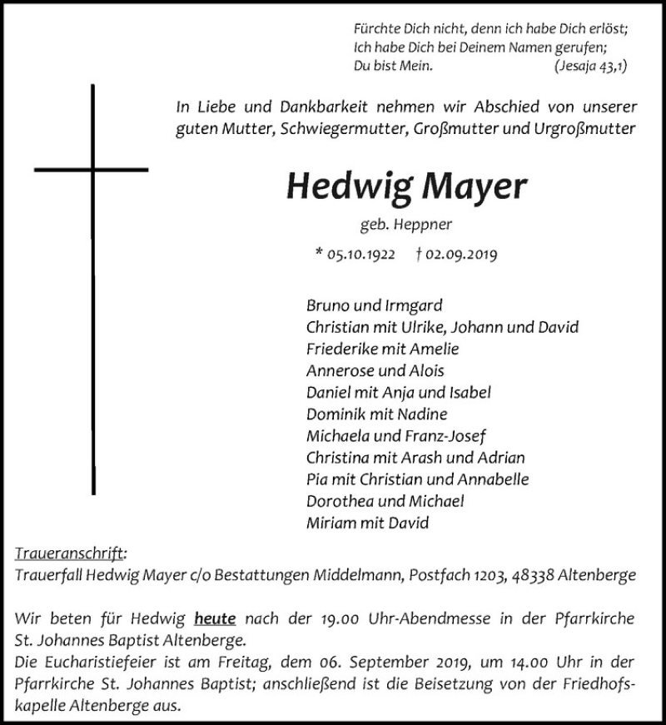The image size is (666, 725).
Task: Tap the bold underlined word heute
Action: [216, 618]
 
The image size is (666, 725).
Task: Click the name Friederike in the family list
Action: [343, 349]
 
